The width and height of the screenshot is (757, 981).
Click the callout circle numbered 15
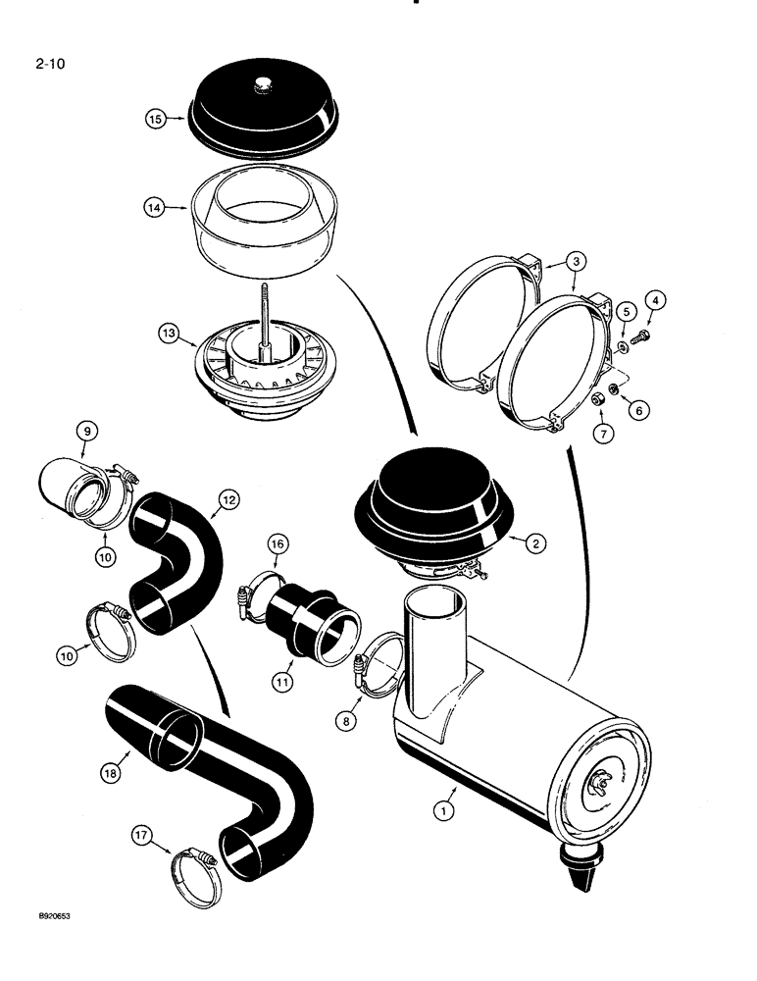[x=155, y=119]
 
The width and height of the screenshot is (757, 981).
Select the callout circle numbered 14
[x=155, y=208]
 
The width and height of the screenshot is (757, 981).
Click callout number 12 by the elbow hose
[x=227, y=500]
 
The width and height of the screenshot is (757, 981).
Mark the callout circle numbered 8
[x=344, y=721]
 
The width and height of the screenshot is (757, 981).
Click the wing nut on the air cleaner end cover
[x=600, y=780]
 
